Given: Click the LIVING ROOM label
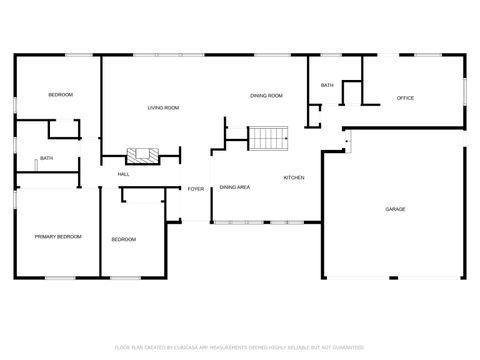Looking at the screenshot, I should coord(163,107).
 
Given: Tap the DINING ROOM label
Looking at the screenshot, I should coord(266,95).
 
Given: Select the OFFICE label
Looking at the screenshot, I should coord(405,98).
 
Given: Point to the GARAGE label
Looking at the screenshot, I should coord(396,209).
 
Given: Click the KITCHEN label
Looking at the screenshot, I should coord(294,178).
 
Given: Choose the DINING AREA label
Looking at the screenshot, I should coord(235,187).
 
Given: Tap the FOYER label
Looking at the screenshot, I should coord(196,188).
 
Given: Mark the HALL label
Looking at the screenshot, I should coord(124,174).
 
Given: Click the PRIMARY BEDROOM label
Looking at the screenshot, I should coord(58,237).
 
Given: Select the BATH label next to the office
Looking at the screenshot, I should coord(327,86).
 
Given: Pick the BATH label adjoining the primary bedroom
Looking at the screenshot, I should coord(46,158).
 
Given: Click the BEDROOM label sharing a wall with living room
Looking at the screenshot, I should coord(61,95).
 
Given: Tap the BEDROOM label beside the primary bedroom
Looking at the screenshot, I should coord(123,239).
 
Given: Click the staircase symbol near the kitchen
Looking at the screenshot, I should coord(267,138).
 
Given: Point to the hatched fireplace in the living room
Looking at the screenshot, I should coord(141,155).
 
